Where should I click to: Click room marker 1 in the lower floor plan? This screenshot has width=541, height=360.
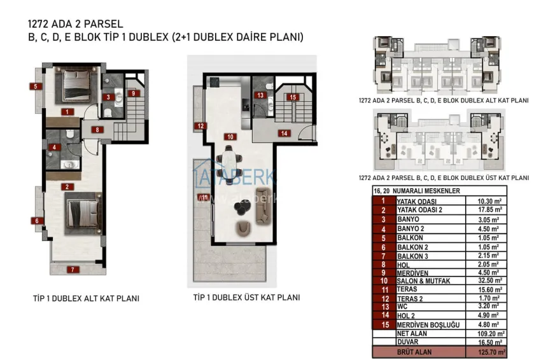(66, 112)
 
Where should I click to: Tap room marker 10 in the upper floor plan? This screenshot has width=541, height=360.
(228, 136)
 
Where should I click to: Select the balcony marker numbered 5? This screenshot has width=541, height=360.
(36, 86)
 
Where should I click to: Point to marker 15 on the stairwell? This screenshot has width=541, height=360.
(292, 97)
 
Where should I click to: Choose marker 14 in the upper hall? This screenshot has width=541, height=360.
(284, 133)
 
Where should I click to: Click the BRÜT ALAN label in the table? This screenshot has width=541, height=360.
(414, 352)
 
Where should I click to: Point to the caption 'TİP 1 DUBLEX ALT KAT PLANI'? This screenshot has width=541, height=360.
(86, 298)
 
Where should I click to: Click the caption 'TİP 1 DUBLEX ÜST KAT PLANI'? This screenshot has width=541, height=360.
(246, 297)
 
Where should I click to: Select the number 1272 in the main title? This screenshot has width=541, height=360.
(39, 24)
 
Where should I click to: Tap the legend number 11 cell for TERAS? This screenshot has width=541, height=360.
(383, 289)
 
